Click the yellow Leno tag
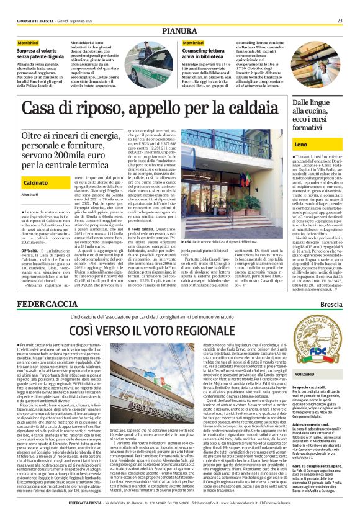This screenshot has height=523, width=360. [301, 144]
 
